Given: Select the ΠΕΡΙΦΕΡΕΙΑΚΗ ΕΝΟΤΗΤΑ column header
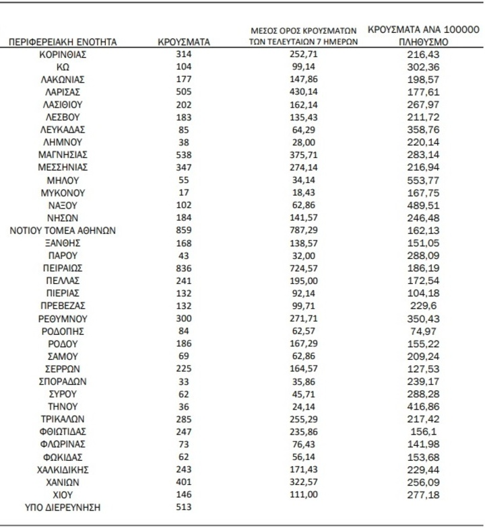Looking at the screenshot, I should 63,42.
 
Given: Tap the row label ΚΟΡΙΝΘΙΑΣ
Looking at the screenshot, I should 63,54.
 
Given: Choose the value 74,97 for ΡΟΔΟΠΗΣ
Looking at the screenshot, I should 423,332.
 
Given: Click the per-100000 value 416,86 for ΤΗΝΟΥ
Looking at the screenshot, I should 423,407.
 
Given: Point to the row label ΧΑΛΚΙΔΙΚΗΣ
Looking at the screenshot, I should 63,469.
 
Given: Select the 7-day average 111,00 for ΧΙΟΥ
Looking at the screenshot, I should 302,494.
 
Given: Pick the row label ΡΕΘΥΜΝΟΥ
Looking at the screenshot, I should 63,319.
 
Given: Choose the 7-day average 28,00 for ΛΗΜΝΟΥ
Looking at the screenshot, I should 302,143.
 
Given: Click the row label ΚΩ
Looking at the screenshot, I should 63,67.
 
